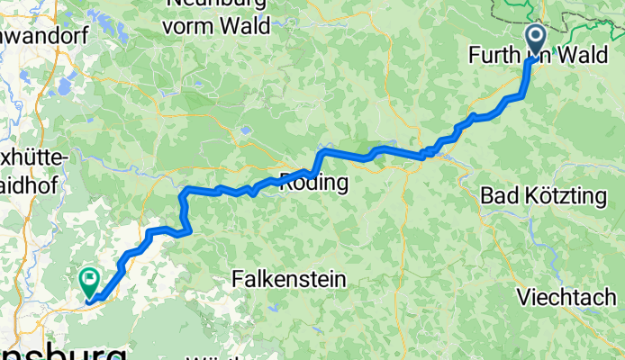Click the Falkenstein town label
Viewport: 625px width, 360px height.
click(x=288, y=280)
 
